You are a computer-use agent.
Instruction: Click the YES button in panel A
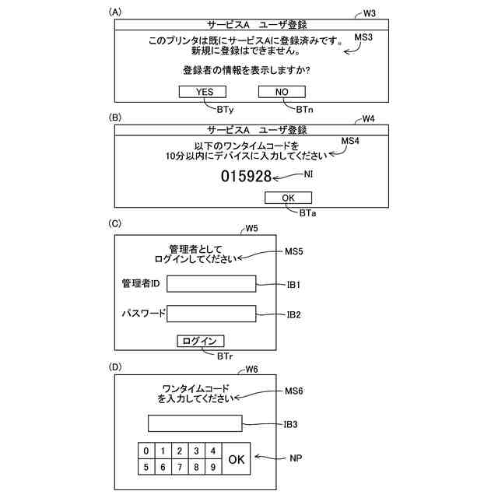coord(204,92)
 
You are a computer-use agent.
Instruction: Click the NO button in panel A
coord(282,92)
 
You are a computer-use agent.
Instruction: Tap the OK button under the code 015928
coord(289,198)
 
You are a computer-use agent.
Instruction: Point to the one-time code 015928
coord(246,177)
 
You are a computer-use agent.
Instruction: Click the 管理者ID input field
coord(211,283)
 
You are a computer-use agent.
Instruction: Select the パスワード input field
coord(211,314)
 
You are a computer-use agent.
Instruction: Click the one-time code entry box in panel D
coord(195,424)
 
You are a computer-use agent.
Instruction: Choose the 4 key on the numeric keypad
coord(212,451)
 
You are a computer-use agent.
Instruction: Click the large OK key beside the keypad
coord(237,459)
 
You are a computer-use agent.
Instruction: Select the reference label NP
coord(296,458)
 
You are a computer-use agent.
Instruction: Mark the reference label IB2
coord(293,315)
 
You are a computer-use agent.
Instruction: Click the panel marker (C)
coord(116,224)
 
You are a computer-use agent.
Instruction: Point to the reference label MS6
coord(294,390)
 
